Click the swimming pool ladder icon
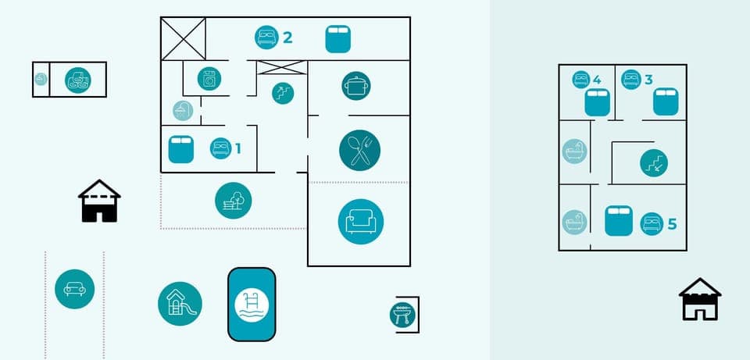tap(252, 304)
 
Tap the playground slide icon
tap(180, 303)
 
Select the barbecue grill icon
tap(402, 315)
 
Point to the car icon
tap(74, 288)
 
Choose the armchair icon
tap(361, 221)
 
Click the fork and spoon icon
tap(359, 150)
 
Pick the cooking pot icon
tap(356, 85)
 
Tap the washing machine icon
tap(209, 78)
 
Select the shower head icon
tap(183, 111)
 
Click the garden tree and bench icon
tap(234, 200)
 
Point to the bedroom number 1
tap(238, 148)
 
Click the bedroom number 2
tap(287, 37)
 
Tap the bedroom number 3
tap(648, 79)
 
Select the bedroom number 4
tap(597, 79)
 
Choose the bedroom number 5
tap(672, 224)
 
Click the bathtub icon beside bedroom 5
tap(574, 222)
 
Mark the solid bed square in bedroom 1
tap(181, 149)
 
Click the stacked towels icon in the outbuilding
tap(77, 80)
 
